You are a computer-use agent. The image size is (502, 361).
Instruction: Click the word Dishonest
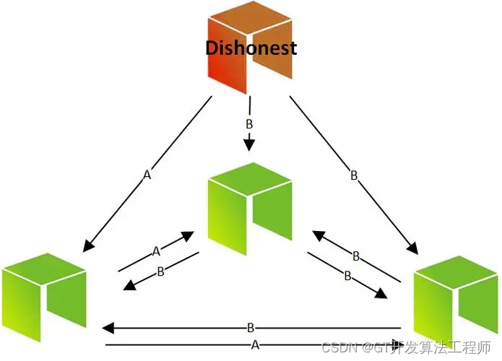[251, 48]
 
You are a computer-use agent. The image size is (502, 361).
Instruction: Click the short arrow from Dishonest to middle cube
[250, 141]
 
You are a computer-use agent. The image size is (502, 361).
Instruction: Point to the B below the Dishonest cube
[250, 125]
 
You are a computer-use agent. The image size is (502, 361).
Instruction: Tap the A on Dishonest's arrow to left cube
[147, 175]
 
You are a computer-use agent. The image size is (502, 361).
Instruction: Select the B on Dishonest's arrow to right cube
[354, 175]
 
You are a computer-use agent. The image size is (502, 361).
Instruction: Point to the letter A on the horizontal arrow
[254, 345]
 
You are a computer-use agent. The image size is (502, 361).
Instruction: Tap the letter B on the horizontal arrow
[250, 329]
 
